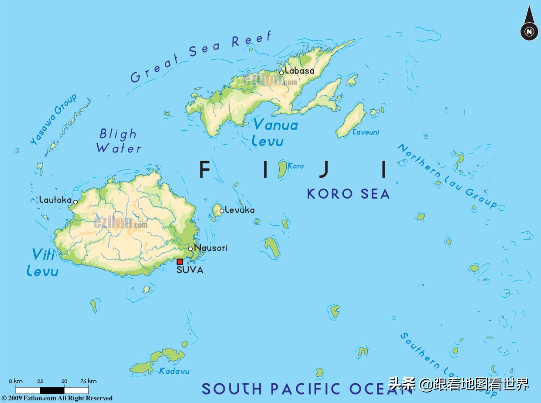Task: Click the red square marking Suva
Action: [x=179, y=262]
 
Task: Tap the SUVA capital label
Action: [x=190, y=270]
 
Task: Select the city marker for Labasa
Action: [x=281, y=72]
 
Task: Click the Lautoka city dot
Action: [x=75, y=202]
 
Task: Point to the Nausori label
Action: [x=211, y=248]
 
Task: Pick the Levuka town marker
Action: [x=222, y=211]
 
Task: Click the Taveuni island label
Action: [x=366, y=132]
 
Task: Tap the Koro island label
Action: [x=296, y=166]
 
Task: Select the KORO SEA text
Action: [x=348, y=194]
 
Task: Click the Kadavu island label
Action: [x=174, y=371]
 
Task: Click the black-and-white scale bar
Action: [x=52, y=390]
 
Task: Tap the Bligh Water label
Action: [x=119, y=141]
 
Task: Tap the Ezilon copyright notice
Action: [x=57, y=398]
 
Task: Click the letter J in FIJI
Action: [x=323, y=169]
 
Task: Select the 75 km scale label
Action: [x=89, y=381]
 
